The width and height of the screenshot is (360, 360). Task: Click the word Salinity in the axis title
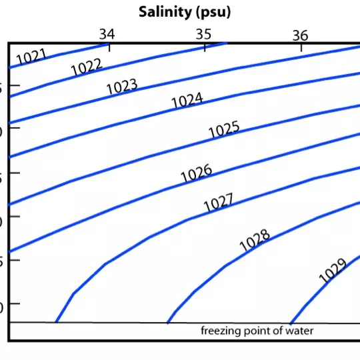tap(163, 11)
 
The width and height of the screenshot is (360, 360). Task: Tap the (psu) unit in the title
tap(211, 12)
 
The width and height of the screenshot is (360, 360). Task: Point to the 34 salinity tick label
tap(107, 33)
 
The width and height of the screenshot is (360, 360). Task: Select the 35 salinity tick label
tap(203, 33)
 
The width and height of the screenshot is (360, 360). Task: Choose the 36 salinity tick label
tap(300, 35)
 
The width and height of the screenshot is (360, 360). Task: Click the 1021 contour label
tap(31, 57)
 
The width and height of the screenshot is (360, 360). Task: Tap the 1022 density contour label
tap(86, 67)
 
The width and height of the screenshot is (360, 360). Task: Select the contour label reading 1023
tap(121, 87)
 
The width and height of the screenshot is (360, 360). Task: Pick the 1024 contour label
tap(187, 101)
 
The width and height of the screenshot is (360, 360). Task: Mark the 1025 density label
tap(223, 130)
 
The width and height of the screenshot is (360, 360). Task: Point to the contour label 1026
tap(196, 174)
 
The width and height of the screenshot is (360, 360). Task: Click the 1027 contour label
tap(219, 203)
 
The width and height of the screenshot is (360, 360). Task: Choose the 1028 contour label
tap(255, 241)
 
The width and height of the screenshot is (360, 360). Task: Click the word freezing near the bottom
tap(220, 331)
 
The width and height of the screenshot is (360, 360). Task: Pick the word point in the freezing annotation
tap(256, 331)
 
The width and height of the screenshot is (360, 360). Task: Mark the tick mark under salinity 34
tap(109, 47)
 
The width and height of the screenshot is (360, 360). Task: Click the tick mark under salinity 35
tap(205, 47)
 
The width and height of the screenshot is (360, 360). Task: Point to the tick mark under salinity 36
tap(301, 47)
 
